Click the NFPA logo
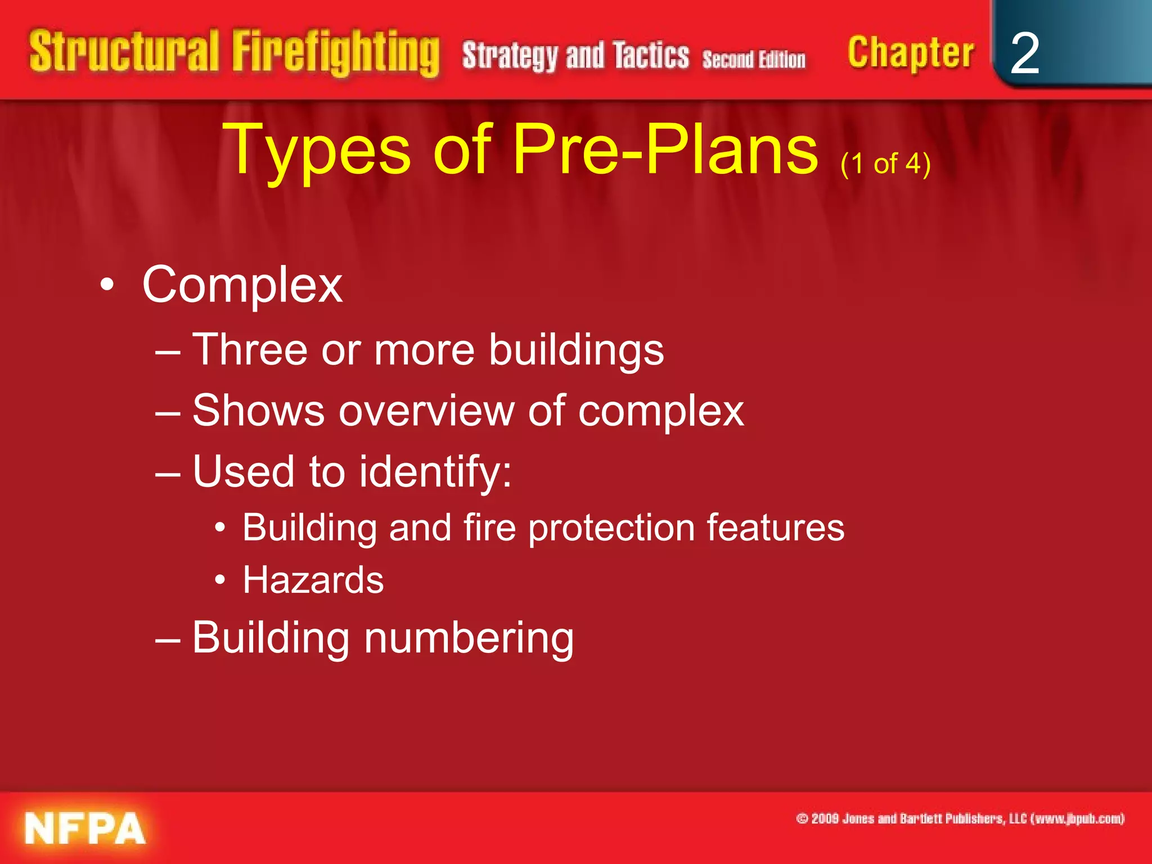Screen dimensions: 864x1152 pyautogui.click(x=85, y=828)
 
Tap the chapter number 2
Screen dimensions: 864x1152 pyautogui.click(x=1024, y=53)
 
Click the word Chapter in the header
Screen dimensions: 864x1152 pyautogui.click(x=910, y=53)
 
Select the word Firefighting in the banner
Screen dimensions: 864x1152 pyautogui.click(x=336, y=53)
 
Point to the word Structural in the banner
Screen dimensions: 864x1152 pyautogui.click(x=124, y=52)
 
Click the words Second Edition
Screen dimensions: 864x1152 pyautogui.click(x=754, y=59)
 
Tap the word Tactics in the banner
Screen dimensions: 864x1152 pyautogui.click(x=651, y=56)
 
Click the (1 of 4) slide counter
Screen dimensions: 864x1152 pyautogui.click(x=885, y=164)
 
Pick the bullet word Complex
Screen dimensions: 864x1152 pyautogui.click(x=242, y=285)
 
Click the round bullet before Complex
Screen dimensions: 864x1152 pyautogui.click(x=107, y=285)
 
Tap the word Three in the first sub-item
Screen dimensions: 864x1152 pyautogui.click(x=250, y=349)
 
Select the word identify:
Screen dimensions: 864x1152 pyautogui.click(x=435, y=471)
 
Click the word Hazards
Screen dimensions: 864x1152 pyautogui.click(x=313, y=580)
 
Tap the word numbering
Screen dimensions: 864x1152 pyautogui.click(x=469, y=638)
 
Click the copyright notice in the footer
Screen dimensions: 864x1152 pyautogui.click(x=960, y=818)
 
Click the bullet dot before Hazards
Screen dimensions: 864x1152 pyautogui.click(x=220, y=579)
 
